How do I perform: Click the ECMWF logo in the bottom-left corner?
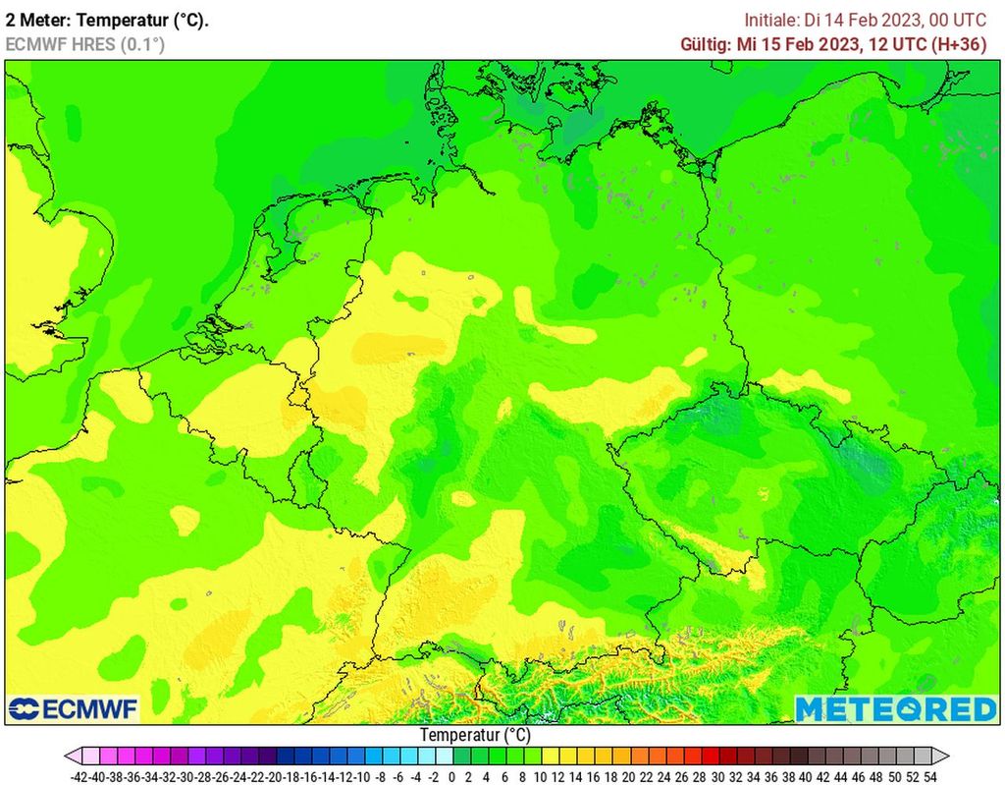tap(74, 708)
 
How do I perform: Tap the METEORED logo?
tap(895, 708)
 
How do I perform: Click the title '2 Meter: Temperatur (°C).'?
tap(107, 20)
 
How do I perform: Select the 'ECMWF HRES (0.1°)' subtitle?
tap(85, 44)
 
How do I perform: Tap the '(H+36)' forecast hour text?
tap(960, 44)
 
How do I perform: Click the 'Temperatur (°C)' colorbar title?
tap(475, 735)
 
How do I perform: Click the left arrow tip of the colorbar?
tap(67, 756)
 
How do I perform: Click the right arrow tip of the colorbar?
tap(947, 756)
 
